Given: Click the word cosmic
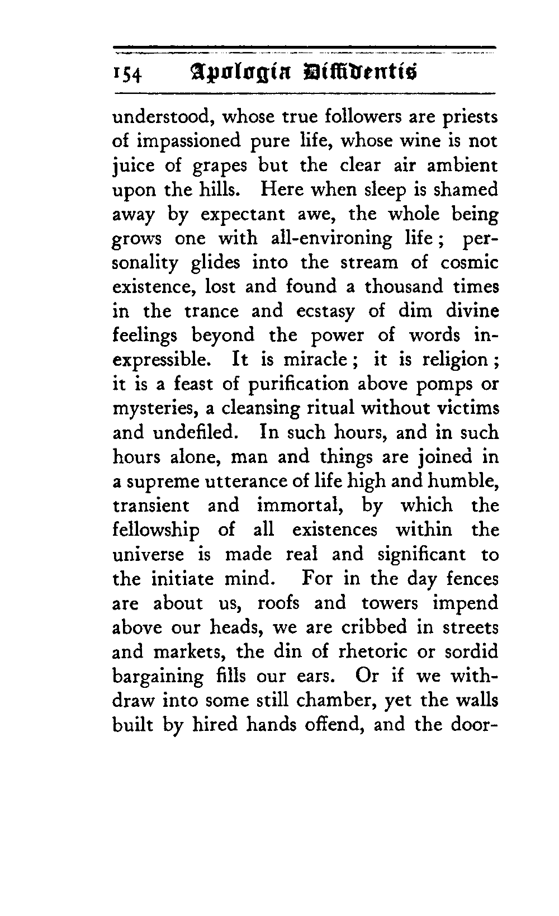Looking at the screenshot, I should coord(469,263).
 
